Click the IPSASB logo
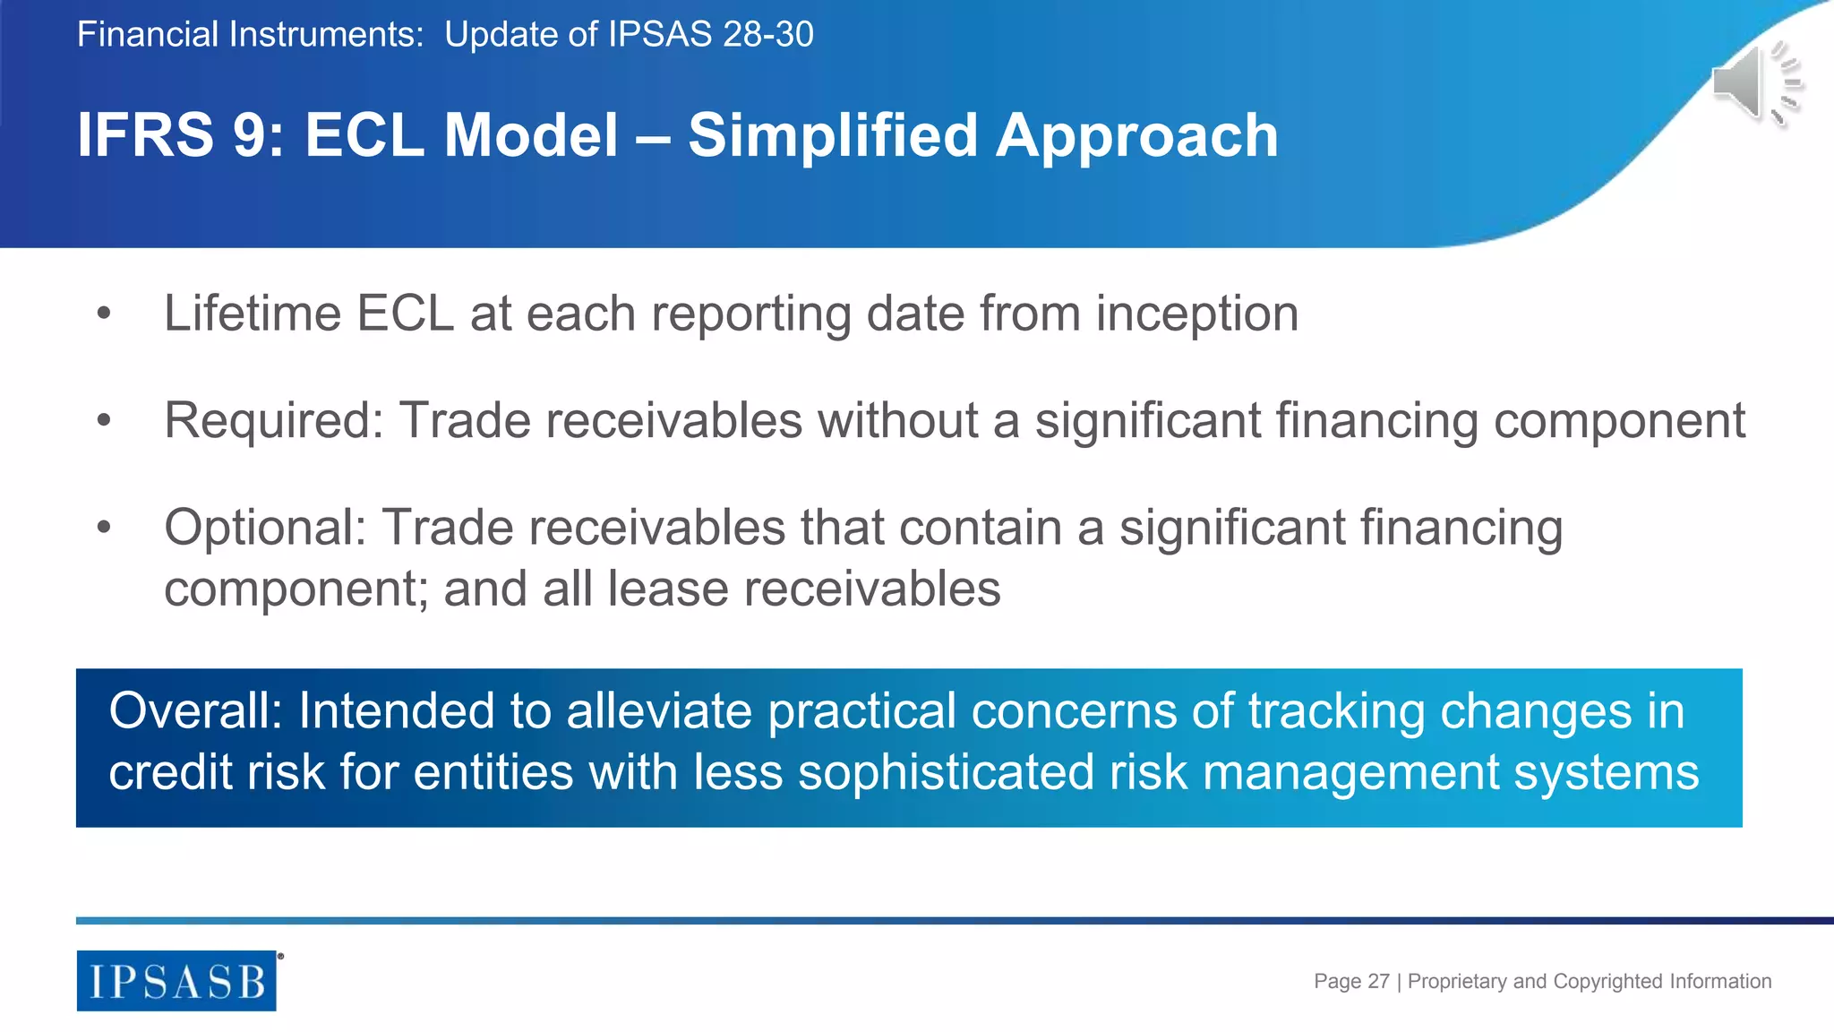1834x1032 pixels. point(176,981)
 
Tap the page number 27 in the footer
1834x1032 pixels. point(1378,981)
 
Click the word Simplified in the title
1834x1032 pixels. point(832,135)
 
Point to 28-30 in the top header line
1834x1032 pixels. point(767,34)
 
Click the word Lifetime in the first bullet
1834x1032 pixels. point(253,314)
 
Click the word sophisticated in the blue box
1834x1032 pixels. point(946,772)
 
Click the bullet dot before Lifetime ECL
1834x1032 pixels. point(104,314)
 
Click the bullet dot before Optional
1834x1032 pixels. point(104,527)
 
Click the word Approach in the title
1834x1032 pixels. point(1137,135)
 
